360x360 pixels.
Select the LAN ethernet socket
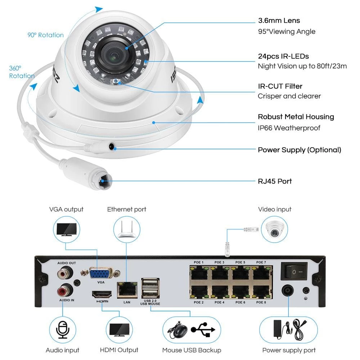point(126,288)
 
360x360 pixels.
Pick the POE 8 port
point(261,291)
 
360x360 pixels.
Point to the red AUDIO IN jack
point(66,289)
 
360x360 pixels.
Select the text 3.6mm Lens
point(279,21)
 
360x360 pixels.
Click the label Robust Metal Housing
point(296,117)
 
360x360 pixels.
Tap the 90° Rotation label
point(46,35)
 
